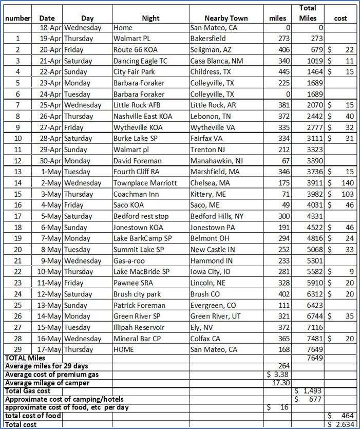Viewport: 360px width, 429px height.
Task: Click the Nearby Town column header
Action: (226, 18)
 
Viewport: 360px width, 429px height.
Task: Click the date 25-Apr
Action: (50, 105)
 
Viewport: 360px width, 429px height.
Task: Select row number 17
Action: (18, 216)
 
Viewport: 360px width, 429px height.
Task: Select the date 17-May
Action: (50, 350)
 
